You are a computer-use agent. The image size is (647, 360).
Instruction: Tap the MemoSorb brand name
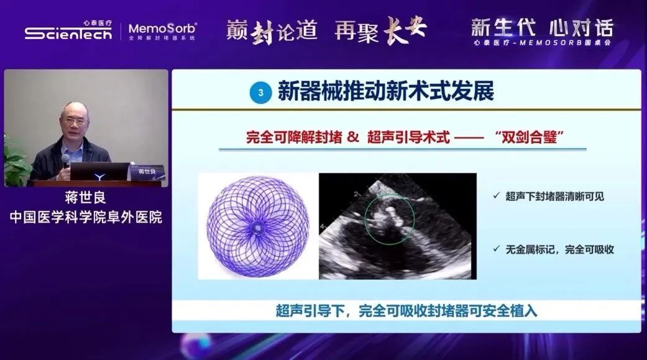coord(162,29)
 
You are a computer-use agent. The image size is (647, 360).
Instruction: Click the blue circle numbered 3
coord(260,93)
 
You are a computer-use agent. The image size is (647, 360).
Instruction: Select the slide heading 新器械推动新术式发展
coord(386,91)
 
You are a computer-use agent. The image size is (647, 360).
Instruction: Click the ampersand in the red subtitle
coord(353,137)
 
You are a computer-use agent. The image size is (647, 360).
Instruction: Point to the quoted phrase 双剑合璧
coord(530,137)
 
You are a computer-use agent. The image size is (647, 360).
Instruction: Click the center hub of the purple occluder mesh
coord(258,227)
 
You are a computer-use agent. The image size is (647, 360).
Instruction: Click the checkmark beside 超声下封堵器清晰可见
coord(497,196)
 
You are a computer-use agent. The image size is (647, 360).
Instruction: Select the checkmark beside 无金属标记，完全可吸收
coord(497,249)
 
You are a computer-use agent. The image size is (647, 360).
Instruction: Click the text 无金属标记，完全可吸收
coord(560,249)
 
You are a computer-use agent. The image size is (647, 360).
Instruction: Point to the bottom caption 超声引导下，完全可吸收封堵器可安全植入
coord(406,311)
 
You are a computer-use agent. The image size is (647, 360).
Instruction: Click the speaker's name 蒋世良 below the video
coord(85,198)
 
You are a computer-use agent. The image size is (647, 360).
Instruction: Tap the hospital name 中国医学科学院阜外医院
coord(86,217)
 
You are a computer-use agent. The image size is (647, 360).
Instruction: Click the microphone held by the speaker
coord(65,161)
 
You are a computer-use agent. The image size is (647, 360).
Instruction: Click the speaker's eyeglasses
coord(75,121)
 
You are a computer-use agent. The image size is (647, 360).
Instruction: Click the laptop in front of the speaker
coord(99,172)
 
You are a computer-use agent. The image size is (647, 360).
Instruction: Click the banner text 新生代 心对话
coord(542,28)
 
